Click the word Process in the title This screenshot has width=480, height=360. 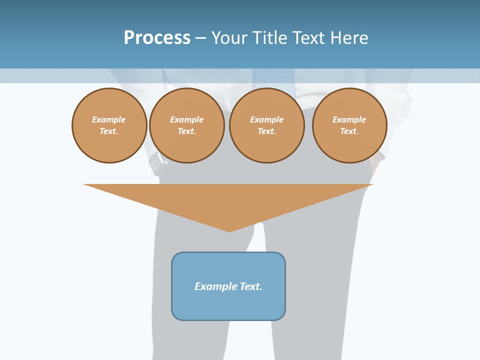tap(157, 38)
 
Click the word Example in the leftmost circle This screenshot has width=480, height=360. tap(109, 119)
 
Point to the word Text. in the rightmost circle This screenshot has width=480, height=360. tap(349, 131)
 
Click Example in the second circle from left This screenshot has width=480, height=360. tap(186, 119)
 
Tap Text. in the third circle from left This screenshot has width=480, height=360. tap(266, 131)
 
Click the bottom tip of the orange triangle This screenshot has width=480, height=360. tap(229, 230)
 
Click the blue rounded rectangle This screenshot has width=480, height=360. tap(228, 305)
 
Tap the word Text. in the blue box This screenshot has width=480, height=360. tap(250, 286)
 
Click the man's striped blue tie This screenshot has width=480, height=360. tap(274, 80)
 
